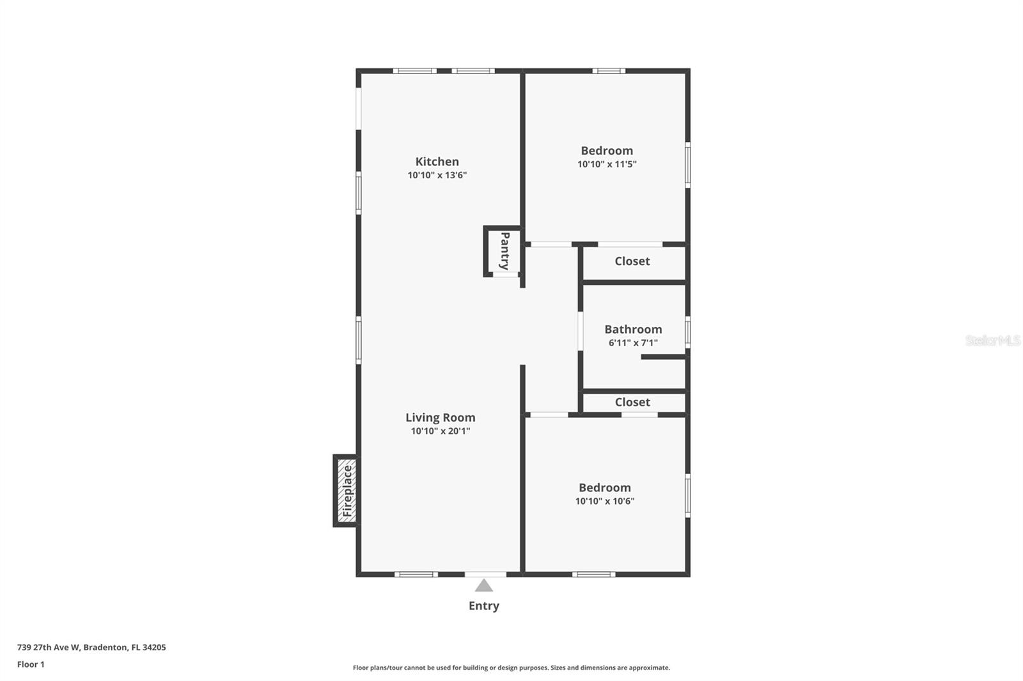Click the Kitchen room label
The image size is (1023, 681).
coord(437,162)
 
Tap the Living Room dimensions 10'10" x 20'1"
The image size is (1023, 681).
coord(440,431)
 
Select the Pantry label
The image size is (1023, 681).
coord(504,251)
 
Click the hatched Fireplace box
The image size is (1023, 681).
coord(347,491)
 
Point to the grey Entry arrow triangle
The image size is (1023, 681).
coord(484,586)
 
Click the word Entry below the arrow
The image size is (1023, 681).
coord(483,606)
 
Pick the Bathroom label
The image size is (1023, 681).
coord(633,329)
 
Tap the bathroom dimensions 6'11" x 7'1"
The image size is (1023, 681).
coord(633,343)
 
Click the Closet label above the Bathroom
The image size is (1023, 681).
coord(632,261)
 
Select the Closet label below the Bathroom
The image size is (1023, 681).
coord(632,402)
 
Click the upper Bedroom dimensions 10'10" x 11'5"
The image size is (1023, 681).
coord(607,164)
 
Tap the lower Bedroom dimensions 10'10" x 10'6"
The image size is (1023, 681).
coord(605,501)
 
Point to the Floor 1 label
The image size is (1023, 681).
coord(31,664)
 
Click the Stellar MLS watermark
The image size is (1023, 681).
coord(992,340)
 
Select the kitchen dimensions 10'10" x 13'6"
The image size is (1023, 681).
coord(437,175)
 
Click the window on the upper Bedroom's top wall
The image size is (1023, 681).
coord(608,71)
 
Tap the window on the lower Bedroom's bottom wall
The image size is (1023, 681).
coord(593,574)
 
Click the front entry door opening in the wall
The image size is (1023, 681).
coord(485,574)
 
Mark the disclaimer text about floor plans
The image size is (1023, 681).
coord(511,668)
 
